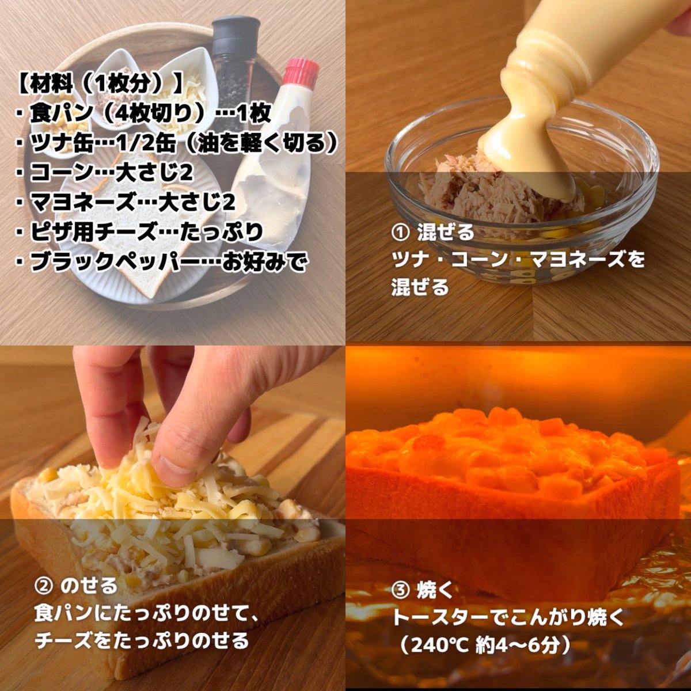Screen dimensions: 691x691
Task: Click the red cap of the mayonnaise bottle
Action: [x=301, y=71]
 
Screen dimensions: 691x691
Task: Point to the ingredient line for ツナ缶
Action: [x=176, y=143]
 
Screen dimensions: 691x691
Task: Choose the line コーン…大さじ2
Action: [x=104, y=173]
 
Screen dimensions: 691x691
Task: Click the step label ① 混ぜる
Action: [x=432, y=233]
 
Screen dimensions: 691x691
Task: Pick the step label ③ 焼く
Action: [x=423, y=591]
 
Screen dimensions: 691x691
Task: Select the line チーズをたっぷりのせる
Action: [x=142, y=640]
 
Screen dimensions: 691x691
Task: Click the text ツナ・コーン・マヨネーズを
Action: [x=518, y=260]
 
